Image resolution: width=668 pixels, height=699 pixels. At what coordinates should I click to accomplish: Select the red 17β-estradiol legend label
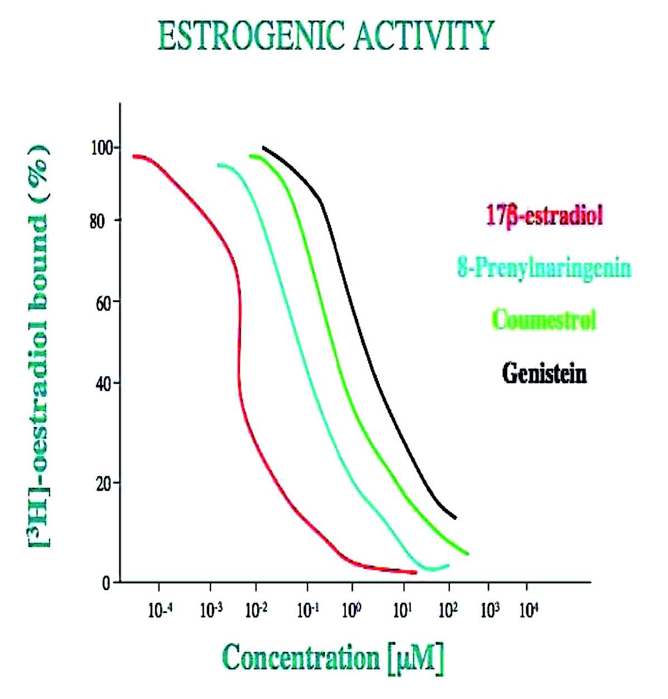544,216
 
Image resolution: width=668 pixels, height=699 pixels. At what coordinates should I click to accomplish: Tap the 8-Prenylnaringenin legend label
544,268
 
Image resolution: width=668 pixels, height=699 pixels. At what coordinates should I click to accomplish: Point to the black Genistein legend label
544,372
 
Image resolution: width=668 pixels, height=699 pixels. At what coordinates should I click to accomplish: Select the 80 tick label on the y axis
98,221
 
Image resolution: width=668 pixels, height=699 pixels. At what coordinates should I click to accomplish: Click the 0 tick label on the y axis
105,583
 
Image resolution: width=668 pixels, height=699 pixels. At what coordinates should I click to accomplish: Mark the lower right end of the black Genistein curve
456,518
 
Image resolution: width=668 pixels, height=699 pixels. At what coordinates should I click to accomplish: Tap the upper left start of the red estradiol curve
134,156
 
